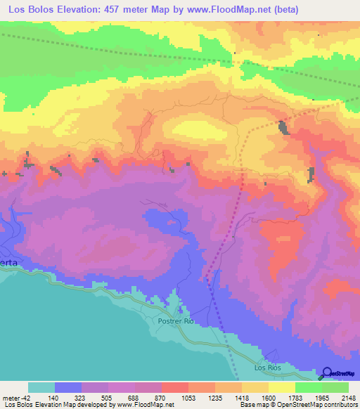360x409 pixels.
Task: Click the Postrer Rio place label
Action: pos(176,320)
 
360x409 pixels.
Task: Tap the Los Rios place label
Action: pos(266,368)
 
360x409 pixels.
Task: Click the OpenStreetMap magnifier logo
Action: pos(327,373)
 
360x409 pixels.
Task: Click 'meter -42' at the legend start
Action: pos(15,398)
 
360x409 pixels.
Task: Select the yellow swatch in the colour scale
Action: pos(281,387)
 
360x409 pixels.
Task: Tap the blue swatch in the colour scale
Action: pos(68,387)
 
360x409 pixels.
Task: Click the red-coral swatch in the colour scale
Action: pos(174,387)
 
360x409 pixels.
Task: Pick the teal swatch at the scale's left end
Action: pos(41,387)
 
